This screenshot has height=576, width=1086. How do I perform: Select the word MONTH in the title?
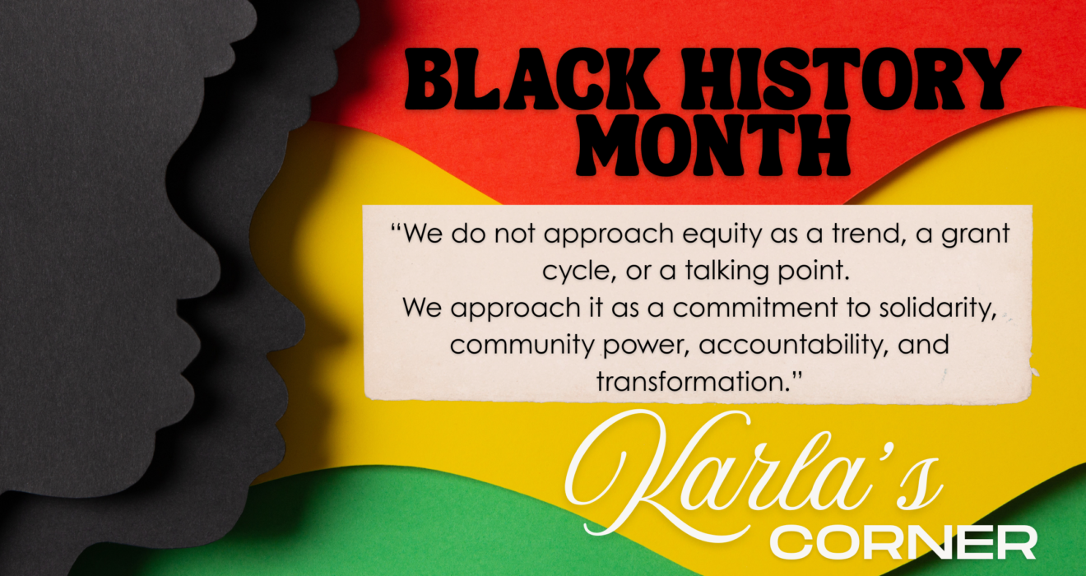(x=713, y=145)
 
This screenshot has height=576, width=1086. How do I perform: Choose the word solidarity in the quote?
(x=938, y=309)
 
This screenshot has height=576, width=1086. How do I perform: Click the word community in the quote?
(x=522, y=346)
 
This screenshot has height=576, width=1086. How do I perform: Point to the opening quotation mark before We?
(x=396, y=227)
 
